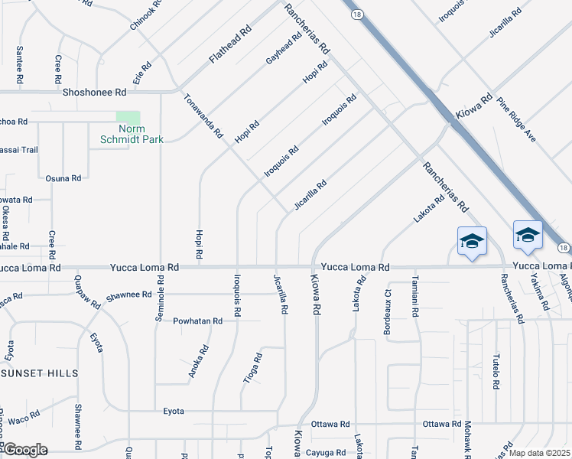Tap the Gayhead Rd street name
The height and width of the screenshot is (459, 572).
tap(284, 49)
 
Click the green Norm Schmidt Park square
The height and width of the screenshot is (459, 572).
tap(128, 119)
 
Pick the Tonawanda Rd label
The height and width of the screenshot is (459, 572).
tap(203, 116)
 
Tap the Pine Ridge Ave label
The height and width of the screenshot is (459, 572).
tap(517, 120)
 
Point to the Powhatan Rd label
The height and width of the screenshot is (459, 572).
tap(197, 321)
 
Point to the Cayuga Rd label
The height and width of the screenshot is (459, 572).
tap(327, 453)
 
